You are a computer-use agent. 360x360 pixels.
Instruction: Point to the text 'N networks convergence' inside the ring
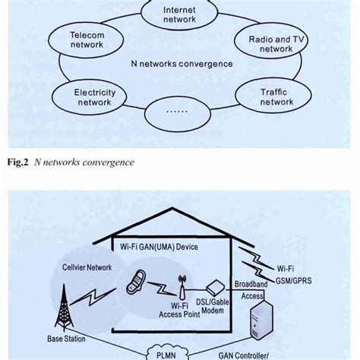182,64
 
